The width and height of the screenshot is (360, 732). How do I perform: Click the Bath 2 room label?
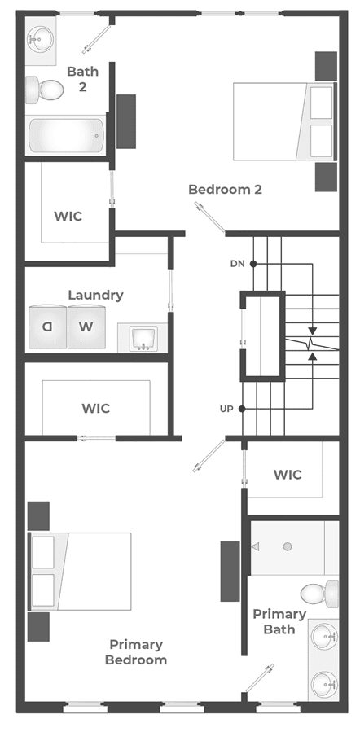[x=82, y=79]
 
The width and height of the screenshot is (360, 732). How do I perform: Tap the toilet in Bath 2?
[x=44, y=89]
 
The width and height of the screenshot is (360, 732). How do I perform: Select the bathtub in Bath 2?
[x=66, y=135]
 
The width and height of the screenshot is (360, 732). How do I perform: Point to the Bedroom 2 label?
[x=225, y=190]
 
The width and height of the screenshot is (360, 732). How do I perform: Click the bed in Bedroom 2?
[x=284, y=121]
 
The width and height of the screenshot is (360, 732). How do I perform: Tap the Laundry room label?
[x=96, y=296]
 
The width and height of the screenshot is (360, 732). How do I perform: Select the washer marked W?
[x=86, y=327]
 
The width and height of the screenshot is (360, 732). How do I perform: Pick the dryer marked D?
[x=47, y=327]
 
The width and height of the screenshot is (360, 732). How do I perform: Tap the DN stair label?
[x=237, y=264]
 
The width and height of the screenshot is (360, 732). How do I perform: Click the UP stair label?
[x=226, y=409]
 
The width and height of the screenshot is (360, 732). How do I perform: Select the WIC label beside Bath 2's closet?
[x=68, y=217]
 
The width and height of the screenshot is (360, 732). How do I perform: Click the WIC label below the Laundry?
[x=96, y=409]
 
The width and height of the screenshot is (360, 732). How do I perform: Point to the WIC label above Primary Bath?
[x=288, y=475]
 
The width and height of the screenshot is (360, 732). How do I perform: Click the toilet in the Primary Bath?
[x=319, y=594]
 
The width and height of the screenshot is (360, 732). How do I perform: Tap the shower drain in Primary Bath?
[x=288, y=546]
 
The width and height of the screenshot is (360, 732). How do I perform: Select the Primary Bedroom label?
[x=136, y=652]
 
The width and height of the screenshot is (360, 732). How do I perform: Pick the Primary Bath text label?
[x=279, y=622]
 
